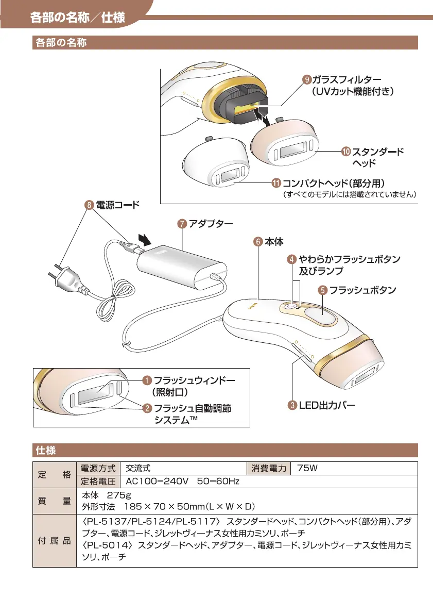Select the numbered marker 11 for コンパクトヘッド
[x=276, y=183]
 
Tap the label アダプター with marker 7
[x=210, y=224]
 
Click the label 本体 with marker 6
[x=274, y=241]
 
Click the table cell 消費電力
[x=269, y=468]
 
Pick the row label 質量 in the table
[x=54, y=501]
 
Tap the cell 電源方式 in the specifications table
[x=98, y=468]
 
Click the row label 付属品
[x=54, y=540]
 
